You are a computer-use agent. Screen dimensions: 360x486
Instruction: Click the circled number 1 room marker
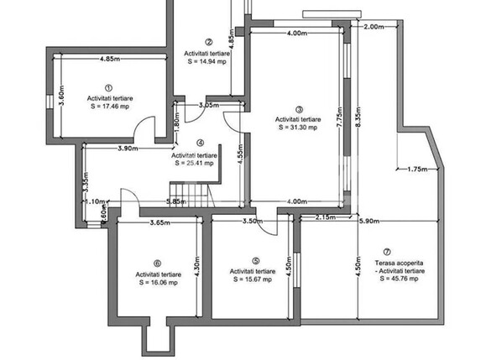(108, 87)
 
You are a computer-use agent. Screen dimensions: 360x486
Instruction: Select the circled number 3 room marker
(298, 108)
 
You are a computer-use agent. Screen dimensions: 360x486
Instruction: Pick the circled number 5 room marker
(255, 261)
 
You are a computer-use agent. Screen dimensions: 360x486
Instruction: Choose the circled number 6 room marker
(156, 263)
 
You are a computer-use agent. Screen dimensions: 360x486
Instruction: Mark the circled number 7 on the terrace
(386, 252)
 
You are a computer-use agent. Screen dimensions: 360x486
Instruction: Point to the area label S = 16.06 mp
(157, 284)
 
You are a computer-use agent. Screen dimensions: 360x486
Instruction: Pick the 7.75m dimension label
(337, 114)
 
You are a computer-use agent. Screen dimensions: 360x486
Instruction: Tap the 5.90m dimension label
(369, 221)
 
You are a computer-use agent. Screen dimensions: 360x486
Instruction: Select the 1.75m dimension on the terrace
(417, 170)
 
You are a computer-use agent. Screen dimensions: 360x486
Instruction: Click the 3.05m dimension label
(209, 106)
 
